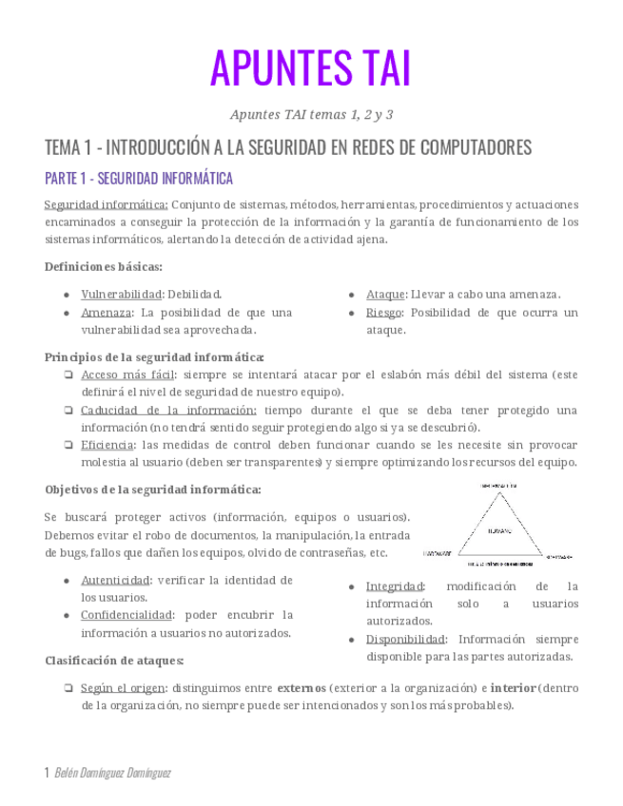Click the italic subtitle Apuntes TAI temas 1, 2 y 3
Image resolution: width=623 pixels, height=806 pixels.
(311, 115)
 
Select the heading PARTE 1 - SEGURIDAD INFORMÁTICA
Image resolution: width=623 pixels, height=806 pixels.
(138, 179)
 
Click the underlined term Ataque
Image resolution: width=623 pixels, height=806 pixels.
(385, 295)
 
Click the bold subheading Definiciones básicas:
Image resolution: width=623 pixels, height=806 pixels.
(104, 267)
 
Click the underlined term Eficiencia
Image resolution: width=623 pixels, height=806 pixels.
(107, 445)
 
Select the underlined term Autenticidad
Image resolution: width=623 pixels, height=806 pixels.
(115, 580)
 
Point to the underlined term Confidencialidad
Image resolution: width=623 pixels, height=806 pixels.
(127, 615)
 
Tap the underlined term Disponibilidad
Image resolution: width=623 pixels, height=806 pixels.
(402, 640)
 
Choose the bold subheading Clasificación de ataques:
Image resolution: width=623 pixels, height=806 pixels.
(114, 661)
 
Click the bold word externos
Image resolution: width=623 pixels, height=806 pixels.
(302, 688)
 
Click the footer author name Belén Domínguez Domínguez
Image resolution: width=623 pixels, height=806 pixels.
(113, 773)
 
